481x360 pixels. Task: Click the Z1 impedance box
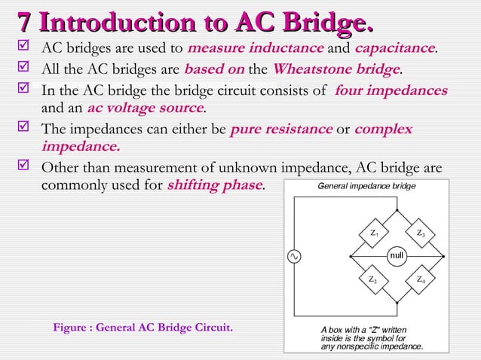coord(374,233)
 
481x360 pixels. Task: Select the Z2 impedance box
coord(372,279)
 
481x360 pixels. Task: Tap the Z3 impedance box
coord(420,233)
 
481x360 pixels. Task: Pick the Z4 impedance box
coord(420,279)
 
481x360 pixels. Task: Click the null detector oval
coord(397,256)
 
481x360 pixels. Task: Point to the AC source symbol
coord(294,257)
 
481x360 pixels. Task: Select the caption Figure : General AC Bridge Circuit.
coord(142,328)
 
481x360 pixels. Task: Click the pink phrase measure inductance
coord(256,50)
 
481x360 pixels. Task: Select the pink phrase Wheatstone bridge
coord(335,70)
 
